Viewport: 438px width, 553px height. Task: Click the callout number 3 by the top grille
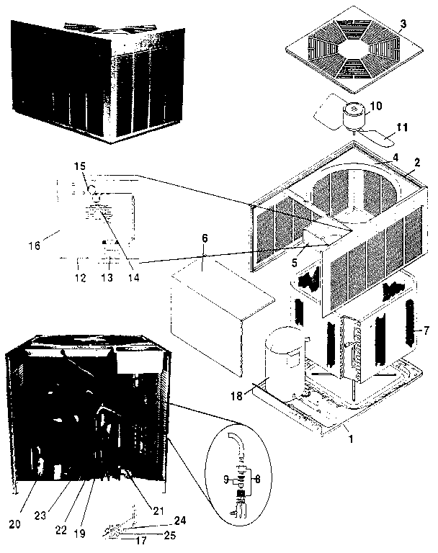(404, 24)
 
